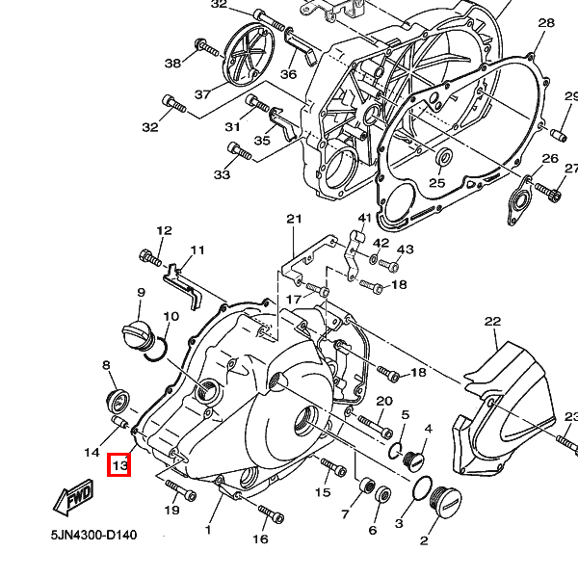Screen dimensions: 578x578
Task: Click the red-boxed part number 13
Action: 119,466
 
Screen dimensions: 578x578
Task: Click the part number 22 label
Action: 493,322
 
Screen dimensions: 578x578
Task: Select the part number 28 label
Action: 546,23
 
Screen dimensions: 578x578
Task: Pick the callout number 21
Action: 294,219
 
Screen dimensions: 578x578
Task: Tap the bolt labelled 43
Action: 389,264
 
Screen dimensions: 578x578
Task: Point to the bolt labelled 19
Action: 185,495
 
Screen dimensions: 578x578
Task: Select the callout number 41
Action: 364,219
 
